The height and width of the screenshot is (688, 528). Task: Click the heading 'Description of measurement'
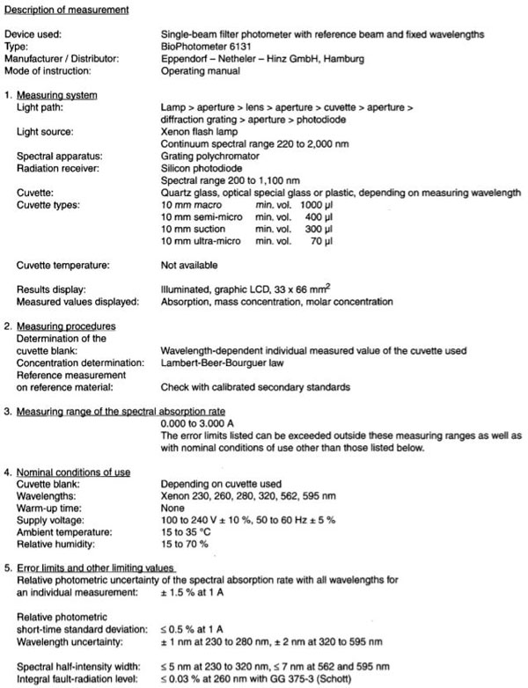pyautogui.click(x=68, y=10)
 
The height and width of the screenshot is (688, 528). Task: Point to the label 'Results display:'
pyautogui.click(x=53, y=289)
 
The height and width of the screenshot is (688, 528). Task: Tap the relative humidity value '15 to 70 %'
pyautogui.click(x=187, y=545)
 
